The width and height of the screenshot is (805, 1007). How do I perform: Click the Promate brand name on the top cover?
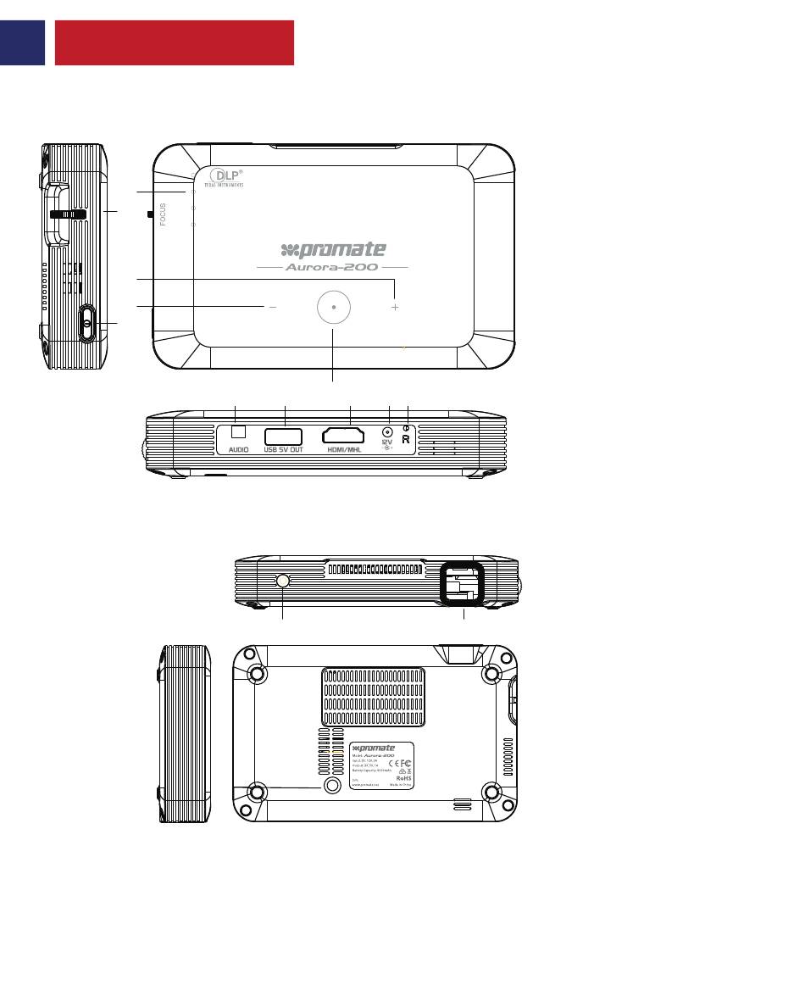(333, 249)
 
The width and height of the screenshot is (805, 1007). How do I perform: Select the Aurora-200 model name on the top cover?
(332, 266)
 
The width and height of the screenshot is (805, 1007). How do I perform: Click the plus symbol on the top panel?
(395, 308)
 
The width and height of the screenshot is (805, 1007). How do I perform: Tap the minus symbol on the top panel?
(272, 308)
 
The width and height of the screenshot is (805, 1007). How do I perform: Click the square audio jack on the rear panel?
(238, 431)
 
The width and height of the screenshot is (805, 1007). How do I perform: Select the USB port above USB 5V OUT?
(284, 436)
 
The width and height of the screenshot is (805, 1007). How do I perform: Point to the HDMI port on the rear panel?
(349, 437)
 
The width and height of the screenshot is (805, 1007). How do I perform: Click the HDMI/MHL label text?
(349, 450)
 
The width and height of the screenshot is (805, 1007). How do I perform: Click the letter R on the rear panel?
(406, 439)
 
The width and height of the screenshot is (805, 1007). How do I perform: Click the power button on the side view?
(88, 323)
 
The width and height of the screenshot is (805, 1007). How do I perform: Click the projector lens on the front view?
(461, 585)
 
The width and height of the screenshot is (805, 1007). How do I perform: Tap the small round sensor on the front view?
(282, 581)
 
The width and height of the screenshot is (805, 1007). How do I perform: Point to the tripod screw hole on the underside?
(333, 787)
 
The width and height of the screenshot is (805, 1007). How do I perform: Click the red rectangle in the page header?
(174, 43)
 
